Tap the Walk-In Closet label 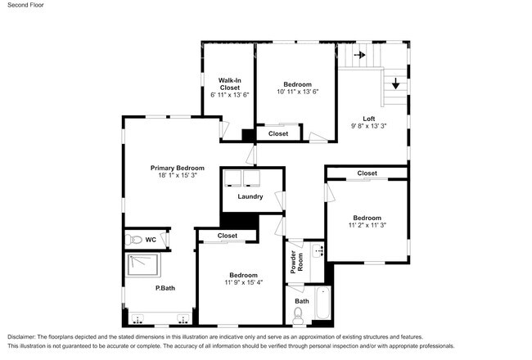(229, 83)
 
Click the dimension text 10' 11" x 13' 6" (297, 92)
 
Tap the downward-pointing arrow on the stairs (395, 83)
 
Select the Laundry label (250, 196)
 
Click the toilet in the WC (135, 240)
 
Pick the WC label (151, 240)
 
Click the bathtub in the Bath (322, 305)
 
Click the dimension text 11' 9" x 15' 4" (243, 283)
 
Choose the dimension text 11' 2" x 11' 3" (367, 224)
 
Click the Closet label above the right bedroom (367, 173)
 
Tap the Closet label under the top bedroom (278, 133)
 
